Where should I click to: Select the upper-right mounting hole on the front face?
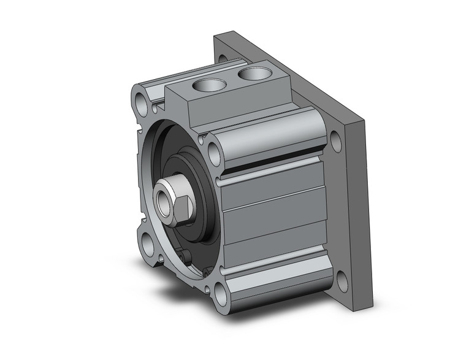(x=214, y=150)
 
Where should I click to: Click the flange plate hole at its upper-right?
(x=335, y=140)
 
